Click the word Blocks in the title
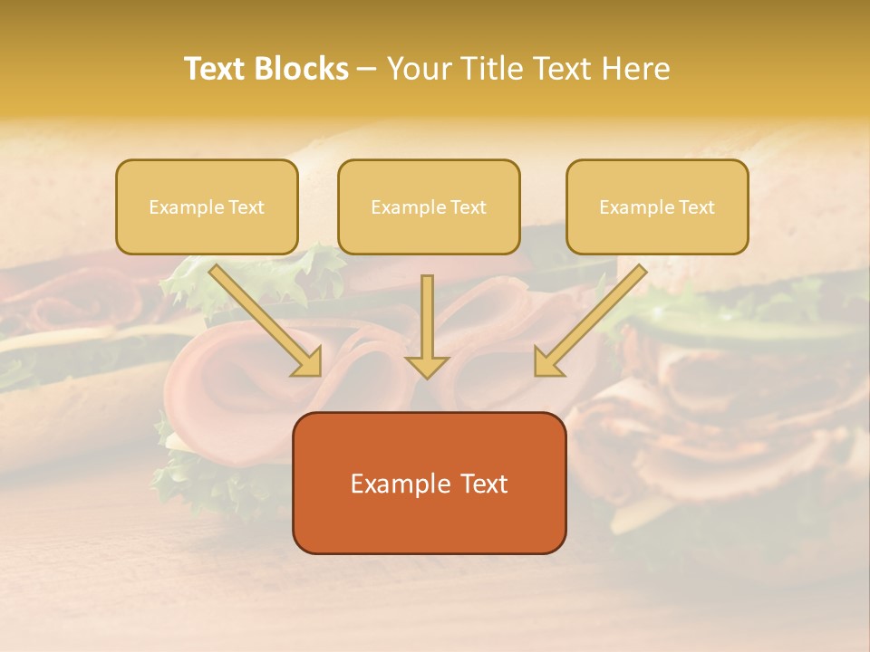point(302,69)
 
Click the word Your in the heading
point(416,69)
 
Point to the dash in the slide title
point(367,70)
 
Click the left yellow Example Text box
point(207,206)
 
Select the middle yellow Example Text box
point(429,206)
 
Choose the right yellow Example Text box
point(657,206)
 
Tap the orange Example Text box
point(429,483)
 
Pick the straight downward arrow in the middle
point(428,321)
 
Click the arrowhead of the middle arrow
point(428,365)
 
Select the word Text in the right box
point(697,207)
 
